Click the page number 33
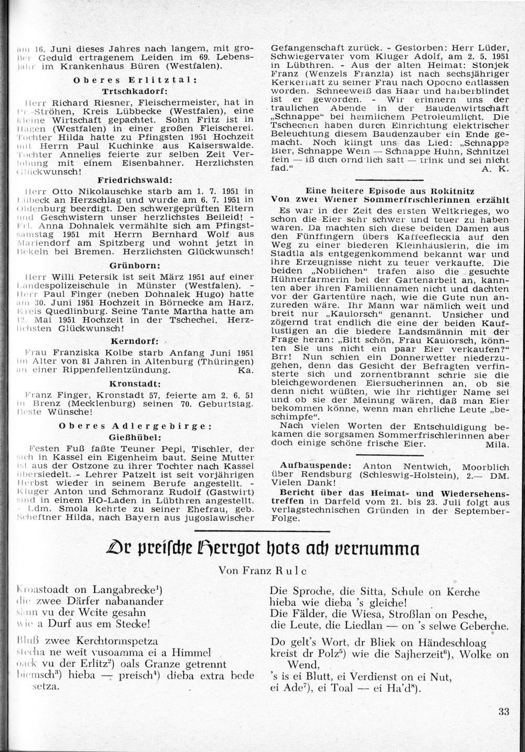pos(503,712)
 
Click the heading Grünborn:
pos(134,265)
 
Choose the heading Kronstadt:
pos(134,382)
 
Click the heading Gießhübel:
pos(134,436)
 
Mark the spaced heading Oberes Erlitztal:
pos(135,80)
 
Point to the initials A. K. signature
pos(493,169)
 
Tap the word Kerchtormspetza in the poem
pos(112,641)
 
